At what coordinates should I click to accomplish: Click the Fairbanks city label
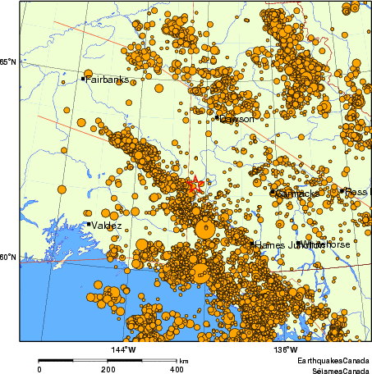(105, 80)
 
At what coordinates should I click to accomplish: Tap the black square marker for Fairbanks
(84, 79)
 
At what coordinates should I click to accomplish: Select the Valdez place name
(107, 225)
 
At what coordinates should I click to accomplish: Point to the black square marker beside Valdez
(89, 224)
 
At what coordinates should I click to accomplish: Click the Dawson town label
(237, 119)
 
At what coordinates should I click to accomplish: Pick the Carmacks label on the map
(297, 194)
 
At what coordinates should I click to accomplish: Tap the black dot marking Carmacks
(273, 193)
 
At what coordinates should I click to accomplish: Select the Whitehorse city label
(327, 244)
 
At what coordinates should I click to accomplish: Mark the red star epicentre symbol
(195, 185)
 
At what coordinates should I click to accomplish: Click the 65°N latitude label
(8, 62)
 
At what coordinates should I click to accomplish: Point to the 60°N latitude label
(8, 258)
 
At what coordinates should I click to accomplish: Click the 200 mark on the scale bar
(108, 370)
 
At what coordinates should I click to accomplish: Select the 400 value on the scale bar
(176, 370)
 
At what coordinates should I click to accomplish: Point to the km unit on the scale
(184, 361)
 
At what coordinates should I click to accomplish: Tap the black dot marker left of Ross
(342, 190)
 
